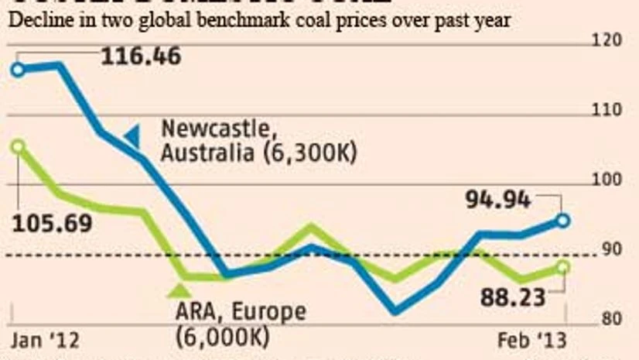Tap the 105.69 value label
pyautogui.click(x=53, y=224)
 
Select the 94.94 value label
pyautogui.click(x=498, y=201)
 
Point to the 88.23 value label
pyautogui.click(x=513, y=297)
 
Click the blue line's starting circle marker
pyautogui.click(x=18, y=69)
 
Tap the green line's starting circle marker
pyautogui.click(x=18, y=146)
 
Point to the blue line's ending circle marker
pyautogui.click(x=563, y=221)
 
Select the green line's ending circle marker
pyautogui.click(x=563, y=267)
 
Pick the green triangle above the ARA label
pyautogui.click(x=179, y=291)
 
